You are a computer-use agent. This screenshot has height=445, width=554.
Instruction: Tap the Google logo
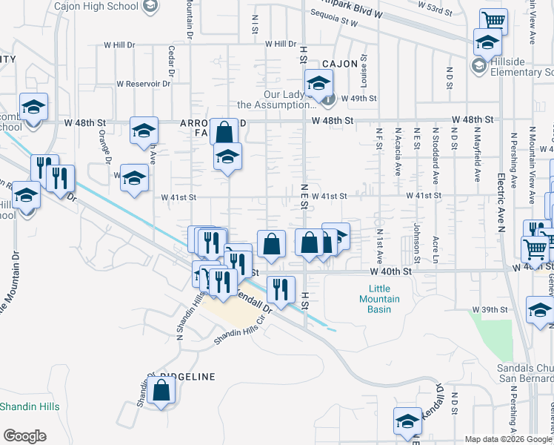coord(24,436)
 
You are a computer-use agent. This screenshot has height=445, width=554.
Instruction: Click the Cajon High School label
coord(96,6)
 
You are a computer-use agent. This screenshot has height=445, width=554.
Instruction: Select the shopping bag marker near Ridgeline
coord(161,391)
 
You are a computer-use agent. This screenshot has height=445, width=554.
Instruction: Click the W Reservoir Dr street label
coord(143,84)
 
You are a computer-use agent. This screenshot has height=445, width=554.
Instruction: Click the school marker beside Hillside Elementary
coord(487,44)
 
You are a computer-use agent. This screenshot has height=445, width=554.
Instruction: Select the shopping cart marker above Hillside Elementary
coord(493,21)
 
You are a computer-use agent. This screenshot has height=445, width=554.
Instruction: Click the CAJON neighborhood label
coord(338,65)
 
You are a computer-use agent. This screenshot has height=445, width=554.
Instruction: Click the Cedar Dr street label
coord(171,63)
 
